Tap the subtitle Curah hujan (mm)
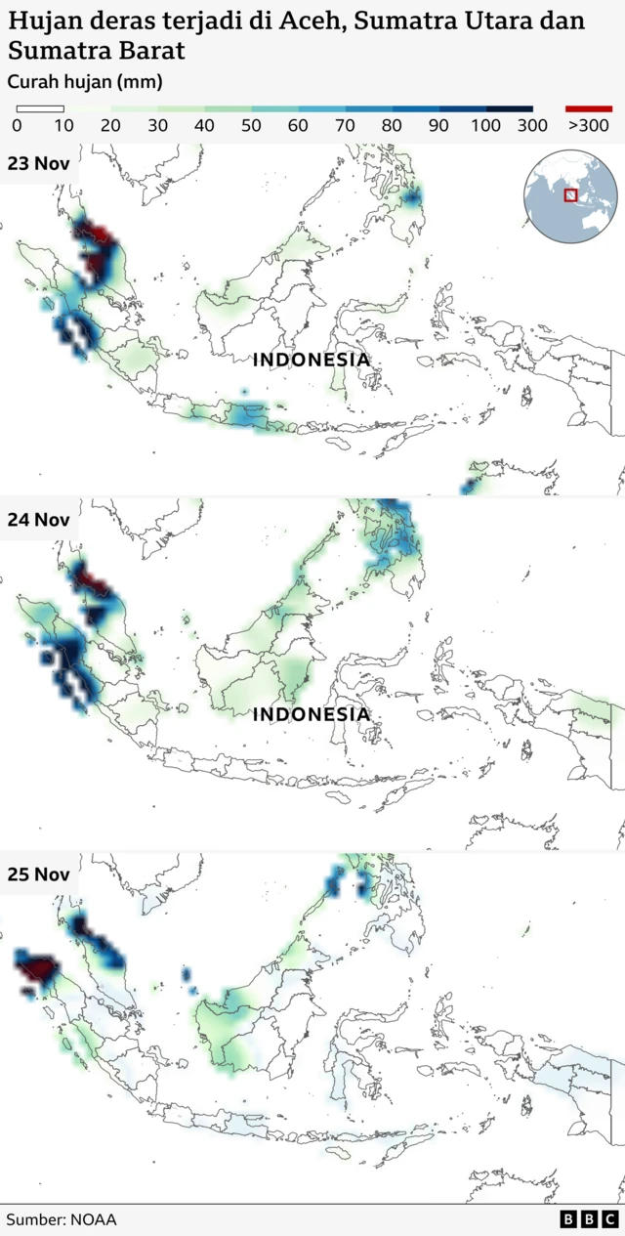click(85, 82)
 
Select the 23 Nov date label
click(38, 163)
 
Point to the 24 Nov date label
click(38, 520)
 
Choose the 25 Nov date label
click(38, 874)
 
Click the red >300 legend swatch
click(589, 108)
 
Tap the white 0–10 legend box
click(40, 108)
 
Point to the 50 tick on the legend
click(251, 126)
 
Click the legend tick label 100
click(485, 126)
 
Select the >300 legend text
click(589, 126)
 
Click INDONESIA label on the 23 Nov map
click(312, 360)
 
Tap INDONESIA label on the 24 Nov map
click(312, 714)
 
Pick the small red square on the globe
click(570, 196)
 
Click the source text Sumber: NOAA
click(62, 1219)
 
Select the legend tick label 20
click(110, 126)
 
